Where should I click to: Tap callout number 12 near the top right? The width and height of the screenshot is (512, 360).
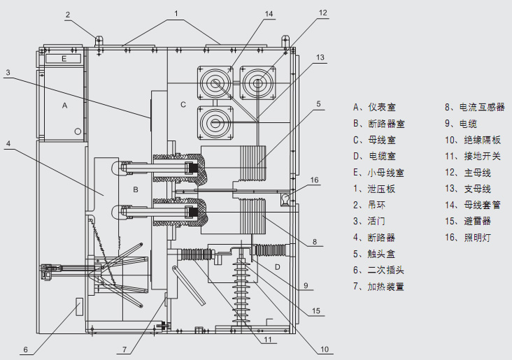click(x=322, y=13)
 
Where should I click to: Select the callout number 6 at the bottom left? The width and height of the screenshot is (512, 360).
click(x=25, y=350)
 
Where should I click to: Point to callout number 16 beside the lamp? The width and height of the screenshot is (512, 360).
click(x=315, y=180)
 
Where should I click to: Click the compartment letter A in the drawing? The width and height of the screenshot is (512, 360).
click(x=64, y=106)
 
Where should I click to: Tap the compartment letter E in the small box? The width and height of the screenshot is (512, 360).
click(x=64, y=59)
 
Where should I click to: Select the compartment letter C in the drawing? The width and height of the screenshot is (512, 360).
click(x=183, y=105)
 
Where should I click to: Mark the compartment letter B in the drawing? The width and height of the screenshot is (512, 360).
click(x=137, y=189)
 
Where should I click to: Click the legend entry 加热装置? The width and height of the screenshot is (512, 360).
click(x=382, y=287)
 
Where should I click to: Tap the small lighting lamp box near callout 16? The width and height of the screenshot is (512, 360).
click(x=285, y=201)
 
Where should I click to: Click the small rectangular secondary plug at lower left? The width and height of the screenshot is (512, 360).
click(x=79, y=305)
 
